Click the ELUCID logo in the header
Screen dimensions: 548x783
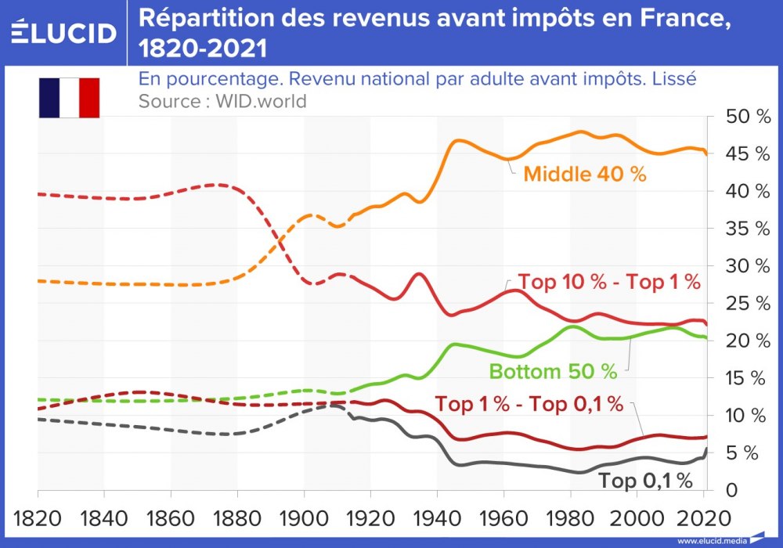pos(63,32)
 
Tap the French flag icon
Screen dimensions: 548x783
pos(69,98)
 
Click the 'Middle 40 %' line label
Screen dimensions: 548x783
pos(585,175)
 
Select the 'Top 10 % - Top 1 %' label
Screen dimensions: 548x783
pos(609,283)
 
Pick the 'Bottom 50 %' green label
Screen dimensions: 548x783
pos(553,371)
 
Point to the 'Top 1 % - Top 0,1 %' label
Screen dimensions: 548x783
pos(529,405)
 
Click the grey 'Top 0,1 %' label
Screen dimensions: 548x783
pos(646,481)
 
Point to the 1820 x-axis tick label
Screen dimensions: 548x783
pos(38,518)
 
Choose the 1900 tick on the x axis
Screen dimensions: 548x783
pos(304,518)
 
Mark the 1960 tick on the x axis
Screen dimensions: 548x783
pos(503,518)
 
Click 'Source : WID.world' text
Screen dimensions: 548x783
pos(222,101)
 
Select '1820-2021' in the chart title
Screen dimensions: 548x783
pos(203,49)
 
